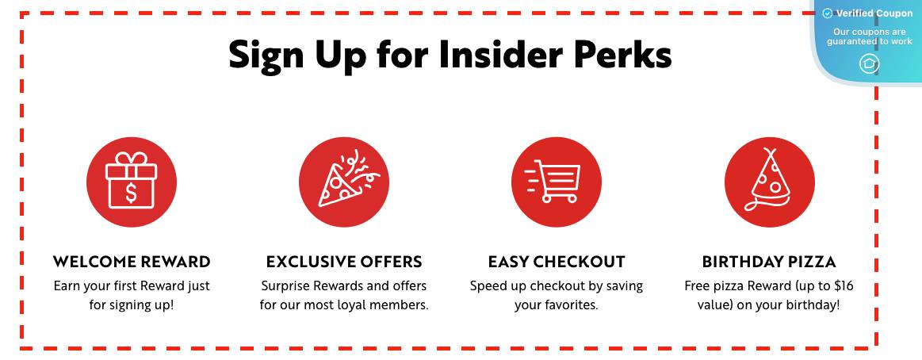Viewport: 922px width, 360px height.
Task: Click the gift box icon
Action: [x=131, y=182]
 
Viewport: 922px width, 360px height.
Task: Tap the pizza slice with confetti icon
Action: [x=344, y=182]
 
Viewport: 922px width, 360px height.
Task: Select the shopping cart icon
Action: [x=557, y=182]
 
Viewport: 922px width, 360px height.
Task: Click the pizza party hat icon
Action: [x=769, y=182]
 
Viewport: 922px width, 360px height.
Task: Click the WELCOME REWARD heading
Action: [x=132, y=262]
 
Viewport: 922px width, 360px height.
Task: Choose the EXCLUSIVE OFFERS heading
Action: [x=344, y=262]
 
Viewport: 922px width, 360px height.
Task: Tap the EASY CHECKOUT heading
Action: [x=557, y=262]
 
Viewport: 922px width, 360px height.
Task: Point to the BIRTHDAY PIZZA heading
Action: [x=769, y=262]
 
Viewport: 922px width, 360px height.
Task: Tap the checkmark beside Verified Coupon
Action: [x=828, y=13]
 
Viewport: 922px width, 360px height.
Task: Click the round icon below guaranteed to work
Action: [x=869, y=63]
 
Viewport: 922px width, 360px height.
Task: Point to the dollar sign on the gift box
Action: [x=131, y=193]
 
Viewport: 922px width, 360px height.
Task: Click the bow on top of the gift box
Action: [x=131, y=159]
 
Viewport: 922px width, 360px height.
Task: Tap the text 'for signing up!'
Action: [x=132, y=306]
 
